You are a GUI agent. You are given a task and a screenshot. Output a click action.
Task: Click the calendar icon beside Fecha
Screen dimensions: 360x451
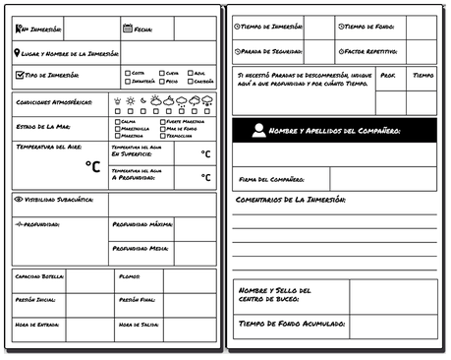coord(128,29)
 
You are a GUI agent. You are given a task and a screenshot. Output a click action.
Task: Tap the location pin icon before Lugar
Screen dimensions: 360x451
coord(20,53)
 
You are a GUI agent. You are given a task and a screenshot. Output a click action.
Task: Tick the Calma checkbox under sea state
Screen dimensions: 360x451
coord(114,121)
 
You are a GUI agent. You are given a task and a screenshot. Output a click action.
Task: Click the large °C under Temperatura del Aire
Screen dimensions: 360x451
coord(92,166)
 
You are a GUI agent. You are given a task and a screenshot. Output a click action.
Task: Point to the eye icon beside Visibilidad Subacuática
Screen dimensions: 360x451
coord(19,199)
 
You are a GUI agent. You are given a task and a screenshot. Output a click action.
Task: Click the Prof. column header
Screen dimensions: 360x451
coord(387,74)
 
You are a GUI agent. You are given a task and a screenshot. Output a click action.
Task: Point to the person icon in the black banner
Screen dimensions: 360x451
coord(256,129)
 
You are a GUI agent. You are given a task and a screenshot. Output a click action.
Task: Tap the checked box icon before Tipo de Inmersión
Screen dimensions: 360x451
coord(20,74)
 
